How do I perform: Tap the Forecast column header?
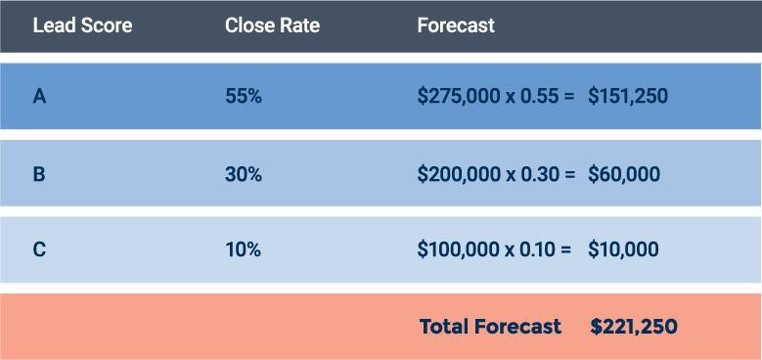pyautogui.click(x=456, y=25)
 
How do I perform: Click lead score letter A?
pyautogui.click(x=39, y=97)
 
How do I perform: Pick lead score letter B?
pyautogui.click(x=39, y=174)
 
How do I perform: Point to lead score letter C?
pyautogui.click(x=39, y=249)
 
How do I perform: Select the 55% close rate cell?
pyautogui.click(x=244, y=97)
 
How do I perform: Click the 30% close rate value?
pyautogui.click(x=244, y=174)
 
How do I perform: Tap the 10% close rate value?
pyautogui.click(x=243, y=249)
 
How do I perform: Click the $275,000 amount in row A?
pyautogui.click(x=458, y=97)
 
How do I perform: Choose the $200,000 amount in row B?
pyautogui.click(x=458, y=174)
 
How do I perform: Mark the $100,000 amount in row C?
pyautogui.click(x=457, y=249)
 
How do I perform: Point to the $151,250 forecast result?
pyautogui.click(x=628, y=97)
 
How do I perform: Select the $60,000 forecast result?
pyautogui.click(x=624, y=174)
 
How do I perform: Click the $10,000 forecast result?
pyautogui.click(x=623, y=249)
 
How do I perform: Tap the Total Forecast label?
pyautogui.click(x=490, y=327)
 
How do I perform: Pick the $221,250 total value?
pyautogui.click(x=634, y=327)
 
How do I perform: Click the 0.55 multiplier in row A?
pyautogui.click(x=538, y=97)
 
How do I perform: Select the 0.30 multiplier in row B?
pyautogui.click(x=538, y=174)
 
